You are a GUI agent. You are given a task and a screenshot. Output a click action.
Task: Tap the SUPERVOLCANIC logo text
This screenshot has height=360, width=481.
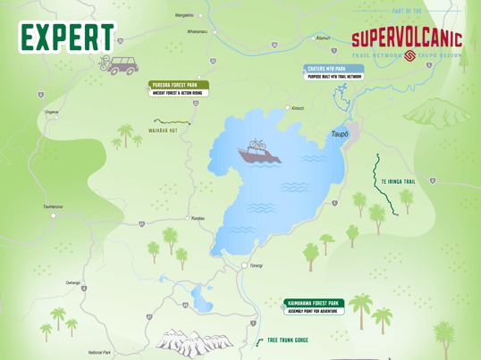click(x=407, y=38)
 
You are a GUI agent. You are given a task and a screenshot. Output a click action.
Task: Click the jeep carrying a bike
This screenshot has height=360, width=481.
click(x=119, y=63)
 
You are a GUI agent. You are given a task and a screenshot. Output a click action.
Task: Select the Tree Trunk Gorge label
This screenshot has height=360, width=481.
click(x=287, y=340)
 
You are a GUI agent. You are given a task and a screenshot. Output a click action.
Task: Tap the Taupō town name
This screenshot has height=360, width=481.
click(x=340, y=134)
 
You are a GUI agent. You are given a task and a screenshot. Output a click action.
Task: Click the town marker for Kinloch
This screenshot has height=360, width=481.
click(x=288, y=108)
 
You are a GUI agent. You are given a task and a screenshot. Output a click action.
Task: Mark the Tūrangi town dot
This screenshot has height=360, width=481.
click(x=244, y=265)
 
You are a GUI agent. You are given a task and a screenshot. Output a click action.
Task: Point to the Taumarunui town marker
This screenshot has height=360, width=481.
click(x=53, y=215)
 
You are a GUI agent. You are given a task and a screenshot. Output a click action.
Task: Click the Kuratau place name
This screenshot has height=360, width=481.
click(x=198, y=218)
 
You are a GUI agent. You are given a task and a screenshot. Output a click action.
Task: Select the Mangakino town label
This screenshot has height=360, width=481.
click(x=184, y=15)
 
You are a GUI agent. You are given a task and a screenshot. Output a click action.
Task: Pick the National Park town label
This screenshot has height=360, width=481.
click(x=99, y=353)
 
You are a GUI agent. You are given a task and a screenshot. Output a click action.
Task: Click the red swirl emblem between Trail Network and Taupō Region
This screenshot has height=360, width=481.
click(x=409, y=55)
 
